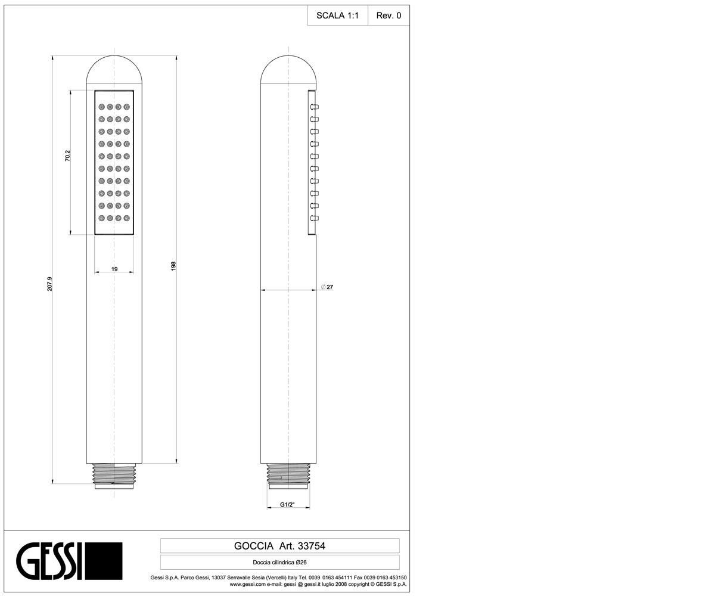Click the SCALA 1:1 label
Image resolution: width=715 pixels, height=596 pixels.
click(337, 15)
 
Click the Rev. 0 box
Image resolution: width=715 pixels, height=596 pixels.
click(388, 15)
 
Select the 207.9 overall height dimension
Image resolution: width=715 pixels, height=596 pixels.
click(49, 284)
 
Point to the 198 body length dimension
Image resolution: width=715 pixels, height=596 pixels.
click(173, 266)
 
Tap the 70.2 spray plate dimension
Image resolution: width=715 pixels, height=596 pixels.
click(67, 156)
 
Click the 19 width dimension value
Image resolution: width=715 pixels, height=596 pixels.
click(114, 269)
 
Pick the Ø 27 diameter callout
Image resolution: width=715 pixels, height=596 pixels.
click(327, 287)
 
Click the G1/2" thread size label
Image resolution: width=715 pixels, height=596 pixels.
click(287, 505)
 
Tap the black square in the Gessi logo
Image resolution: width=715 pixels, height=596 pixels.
click(104, 561)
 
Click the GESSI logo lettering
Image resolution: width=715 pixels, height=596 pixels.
click(49, 561)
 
